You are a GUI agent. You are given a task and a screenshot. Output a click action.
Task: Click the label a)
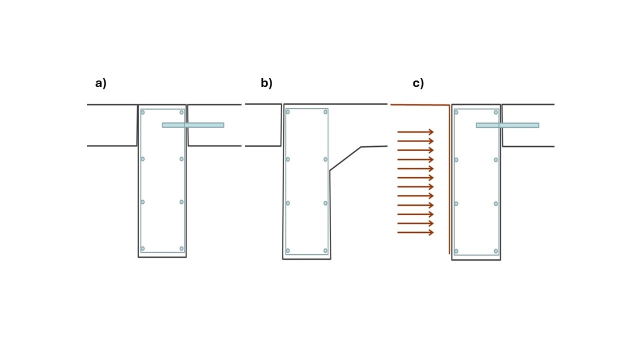tap(101, 83)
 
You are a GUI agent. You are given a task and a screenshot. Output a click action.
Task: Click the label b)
tap(266, 83)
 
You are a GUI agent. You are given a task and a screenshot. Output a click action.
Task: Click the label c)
tap(418, 83)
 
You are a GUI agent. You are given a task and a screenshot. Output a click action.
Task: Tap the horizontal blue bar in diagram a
tap(193, 125)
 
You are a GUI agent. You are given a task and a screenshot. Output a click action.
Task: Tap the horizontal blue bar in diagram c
tap(507, 125)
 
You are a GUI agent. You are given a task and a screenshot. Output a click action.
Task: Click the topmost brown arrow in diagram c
tap(415, 132)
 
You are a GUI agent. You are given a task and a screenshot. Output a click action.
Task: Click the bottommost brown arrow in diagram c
tap(415, 232)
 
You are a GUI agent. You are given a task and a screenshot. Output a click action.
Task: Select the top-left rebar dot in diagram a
tap(142, 112)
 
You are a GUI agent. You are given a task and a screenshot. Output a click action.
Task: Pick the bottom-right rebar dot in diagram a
tap(181, 248)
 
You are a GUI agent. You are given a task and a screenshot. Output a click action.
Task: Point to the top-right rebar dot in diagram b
tap(325, 112)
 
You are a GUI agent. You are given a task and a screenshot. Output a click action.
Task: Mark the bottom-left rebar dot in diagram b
tap(287, 250)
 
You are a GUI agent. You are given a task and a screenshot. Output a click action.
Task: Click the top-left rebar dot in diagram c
tap(456, 112)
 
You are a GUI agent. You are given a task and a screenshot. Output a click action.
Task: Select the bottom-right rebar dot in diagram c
tap(496, 251)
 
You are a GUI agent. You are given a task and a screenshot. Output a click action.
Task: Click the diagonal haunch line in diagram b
tap(345, 159)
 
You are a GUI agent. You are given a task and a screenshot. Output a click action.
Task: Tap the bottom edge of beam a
tap(162, 257)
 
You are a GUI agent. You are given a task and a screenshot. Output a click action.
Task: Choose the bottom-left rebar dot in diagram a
tap(142, 248)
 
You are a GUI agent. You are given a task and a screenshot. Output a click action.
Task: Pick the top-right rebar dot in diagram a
tap(181, 112)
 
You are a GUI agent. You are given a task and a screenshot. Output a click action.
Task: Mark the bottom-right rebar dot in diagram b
tap(325, 250)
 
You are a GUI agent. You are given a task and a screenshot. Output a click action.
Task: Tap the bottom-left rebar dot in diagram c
tap(456, 251)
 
